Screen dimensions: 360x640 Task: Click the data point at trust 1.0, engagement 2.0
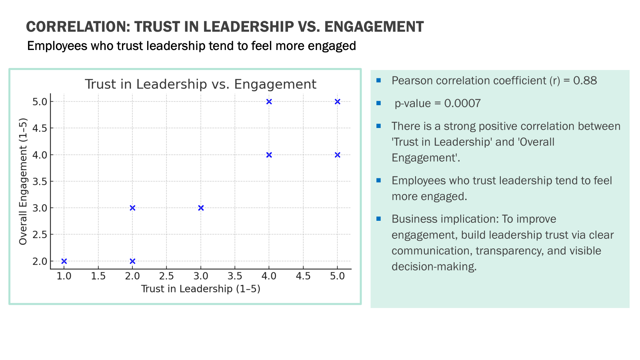[x=64, y=261]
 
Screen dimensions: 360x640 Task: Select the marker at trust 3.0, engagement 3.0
[x=201, y=208]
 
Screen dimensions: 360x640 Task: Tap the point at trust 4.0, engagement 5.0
[x=269, y=102]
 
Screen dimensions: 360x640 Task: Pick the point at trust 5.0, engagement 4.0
[x=338, y=155]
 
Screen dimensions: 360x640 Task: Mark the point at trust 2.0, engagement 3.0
[x=132, y=208]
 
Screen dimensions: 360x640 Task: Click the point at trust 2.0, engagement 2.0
[x=132, y=261]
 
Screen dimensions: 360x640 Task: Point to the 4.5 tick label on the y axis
[x=40, y=128]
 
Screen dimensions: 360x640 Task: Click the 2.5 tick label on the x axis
[x=166, y=276]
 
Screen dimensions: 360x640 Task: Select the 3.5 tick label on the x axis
[x=235, y=276]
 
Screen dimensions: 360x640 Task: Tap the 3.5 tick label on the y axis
[x=40, y=182]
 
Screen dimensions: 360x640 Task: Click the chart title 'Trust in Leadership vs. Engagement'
[x=200, y=84]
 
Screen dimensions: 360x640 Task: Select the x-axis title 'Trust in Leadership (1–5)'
[x=200, y=289]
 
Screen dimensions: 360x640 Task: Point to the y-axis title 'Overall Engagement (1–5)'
[x=23, y=181]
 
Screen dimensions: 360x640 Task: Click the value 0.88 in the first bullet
[x=585, y=81]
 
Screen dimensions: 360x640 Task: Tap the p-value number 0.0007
[x=462, y=104]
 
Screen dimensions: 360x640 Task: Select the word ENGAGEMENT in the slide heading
[x=374, y=27]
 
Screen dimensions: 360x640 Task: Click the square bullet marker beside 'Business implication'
[x=379, y=219]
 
